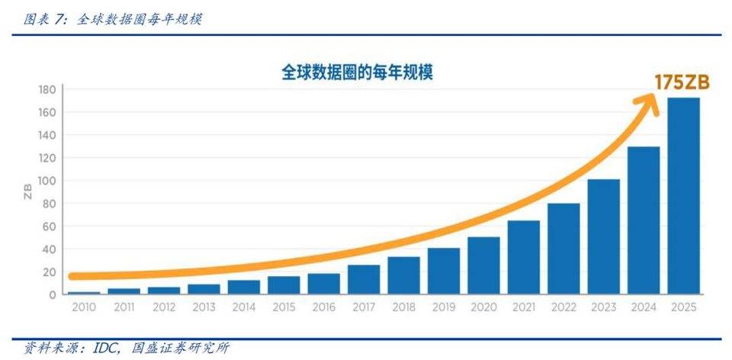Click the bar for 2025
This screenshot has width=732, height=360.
click(683, 196)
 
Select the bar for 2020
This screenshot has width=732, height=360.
click(483, 265)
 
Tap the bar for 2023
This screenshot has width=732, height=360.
click(603, 236)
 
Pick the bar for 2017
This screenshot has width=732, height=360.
click(364, 279)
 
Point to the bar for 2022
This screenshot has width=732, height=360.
click(563, 249)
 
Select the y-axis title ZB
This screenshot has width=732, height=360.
click(28, 191)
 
